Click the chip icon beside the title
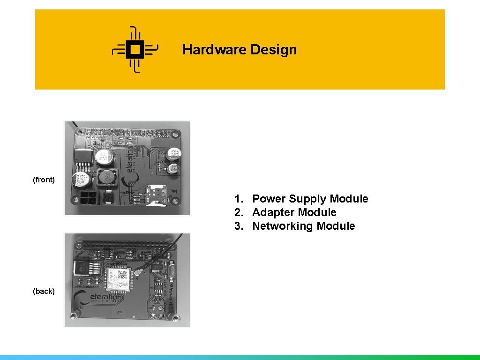click(135, 49)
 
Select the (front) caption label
click(44, 180)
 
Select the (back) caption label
click(44, 291)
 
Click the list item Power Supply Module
click(310, 199)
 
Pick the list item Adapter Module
click(294, 212)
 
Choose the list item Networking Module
click(303, 226)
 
